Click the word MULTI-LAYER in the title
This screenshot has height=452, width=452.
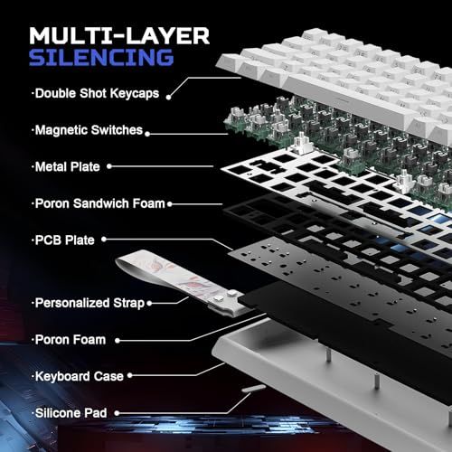point(119,36)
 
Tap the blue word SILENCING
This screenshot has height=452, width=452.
point(101,57)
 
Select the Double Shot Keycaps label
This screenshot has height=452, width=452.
point(97,93)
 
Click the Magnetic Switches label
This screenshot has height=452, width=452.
point(89,130)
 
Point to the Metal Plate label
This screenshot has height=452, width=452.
point(67,166)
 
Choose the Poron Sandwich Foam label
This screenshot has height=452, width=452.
point(100,203)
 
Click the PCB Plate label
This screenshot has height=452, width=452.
point(65,240)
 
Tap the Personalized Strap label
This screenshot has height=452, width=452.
point(89,303)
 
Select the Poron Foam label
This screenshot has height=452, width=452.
point(71,340)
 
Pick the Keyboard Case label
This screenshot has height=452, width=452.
point(80,376)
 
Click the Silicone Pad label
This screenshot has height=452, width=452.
point(71,413)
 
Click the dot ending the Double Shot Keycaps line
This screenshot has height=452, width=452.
point(169,97)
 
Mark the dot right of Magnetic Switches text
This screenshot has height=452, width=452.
point(147,134)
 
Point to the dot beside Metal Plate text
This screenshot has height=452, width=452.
point(109,166)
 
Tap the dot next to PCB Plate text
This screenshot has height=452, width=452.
point(104,240)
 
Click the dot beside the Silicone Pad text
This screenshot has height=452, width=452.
point(117,413)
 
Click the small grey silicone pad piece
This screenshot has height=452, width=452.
point(254,388)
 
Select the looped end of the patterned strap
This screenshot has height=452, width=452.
point(127,261)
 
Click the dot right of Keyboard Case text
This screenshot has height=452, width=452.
point(130,375)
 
